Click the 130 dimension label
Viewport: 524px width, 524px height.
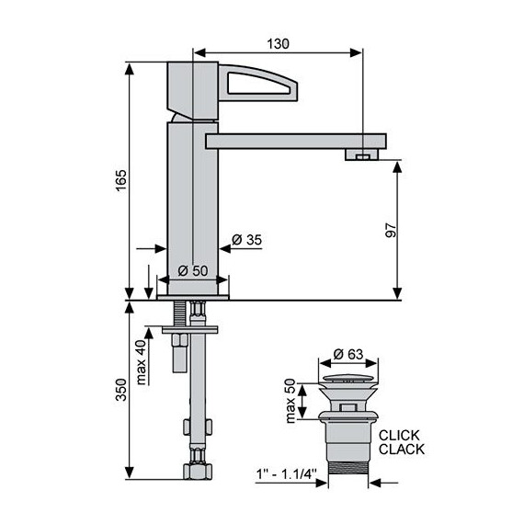pyautogui.click(x=278, y=44)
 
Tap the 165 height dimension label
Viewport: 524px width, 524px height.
pyautogui.click(x=121, y=180)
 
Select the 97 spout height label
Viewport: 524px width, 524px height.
pyautogui.click(x=391, y=230)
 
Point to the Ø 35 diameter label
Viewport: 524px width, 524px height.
pyautogui.click(x=246, y=240)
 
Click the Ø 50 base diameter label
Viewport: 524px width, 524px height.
pyautogui.click(x=193, y=270)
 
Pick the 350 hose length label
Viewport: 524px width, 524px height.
pyautogui.click(x=121, y=390)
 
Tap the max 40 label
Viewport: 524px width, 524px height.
pyautogui.click(x=141, y=362)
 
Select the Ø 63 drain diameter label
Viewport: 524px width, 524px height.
pyautogui.click(x=347, y=354)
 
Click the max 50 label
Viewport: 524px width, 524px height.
pyautogui.click(x=290, y=401)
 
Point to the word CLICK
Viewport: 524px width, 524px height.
pyautogui.click(x=399, y=436)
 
